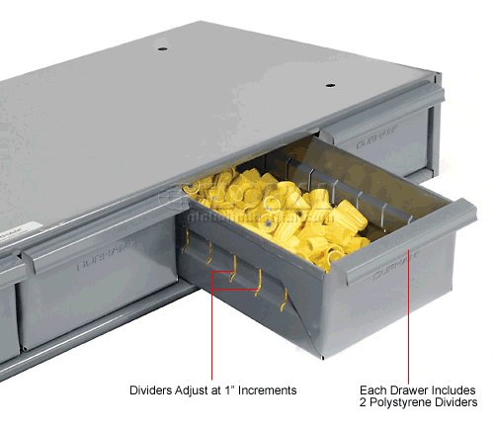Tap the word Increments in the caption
[x=266, y=389]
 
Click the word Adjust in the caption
[x=204, y=389]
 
